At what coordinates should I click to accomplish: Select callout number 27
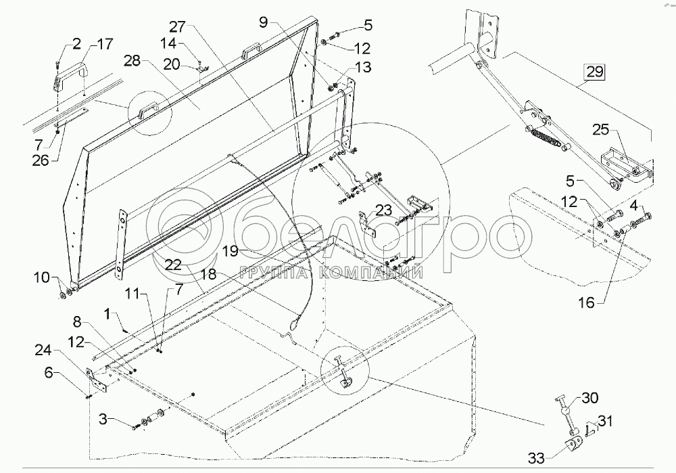(178, 28)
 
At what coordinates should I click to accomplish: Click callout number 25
(602, 129)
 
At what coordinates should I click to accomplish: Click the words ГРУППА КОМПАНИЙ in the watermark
(331, 273)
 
